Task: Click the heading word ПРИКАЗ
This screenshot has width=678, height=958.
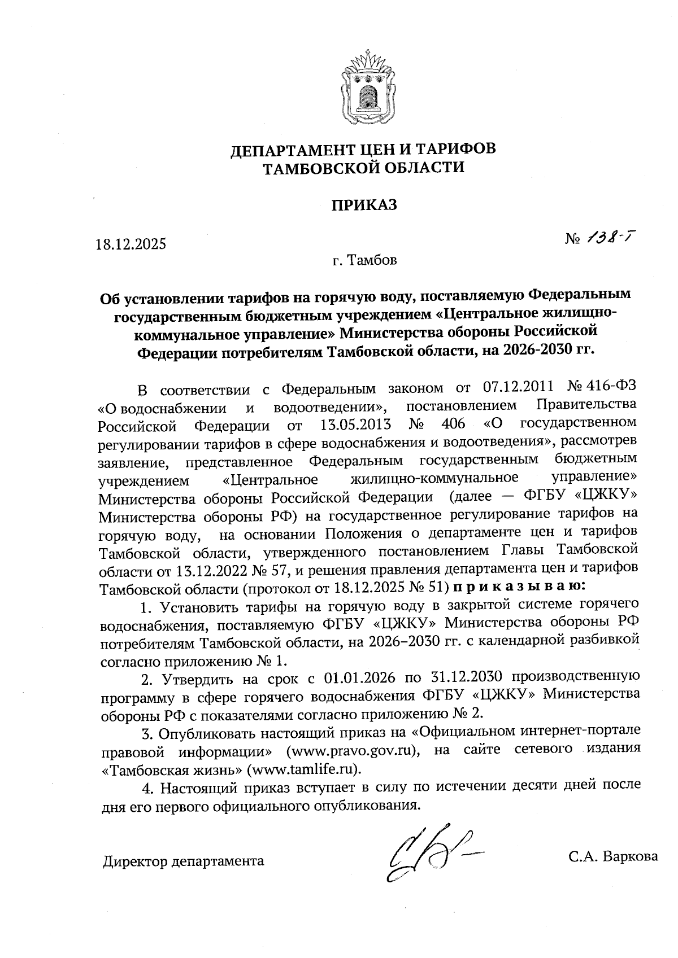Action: [x=364, y=204]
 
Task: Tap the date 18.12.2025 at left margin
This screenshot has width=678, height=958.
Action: [x=131, y=244]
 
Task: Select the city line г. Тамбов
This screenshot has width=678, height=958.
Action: [x=364, y=260]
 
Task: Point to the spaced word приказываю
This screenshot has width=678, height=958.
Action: [x=519, y=587]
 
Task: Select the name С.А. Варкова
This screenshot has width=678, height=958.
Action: [x=612, y=856]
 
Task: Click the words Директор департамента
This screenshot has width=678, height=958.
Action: [x=184, y=861]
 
